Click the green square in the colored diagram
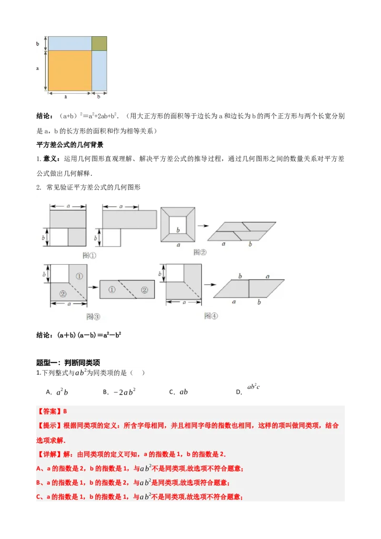(x=99, y=43)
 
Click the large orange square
(x=70, y=70)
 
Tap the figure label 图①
(x=90, y=255)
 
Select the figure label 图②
(x=200, y=252)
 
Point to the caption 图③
(x=93, y=316)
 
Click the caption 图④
(x=211, y=315)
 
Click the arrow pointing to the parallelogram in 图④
(x=208, y=284)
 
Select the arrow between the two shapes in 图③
(x=93, y=287)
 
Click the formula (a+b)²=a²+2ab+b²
(x=89, y=116)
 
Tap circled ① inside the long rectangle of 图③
(x=112, y=289)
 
